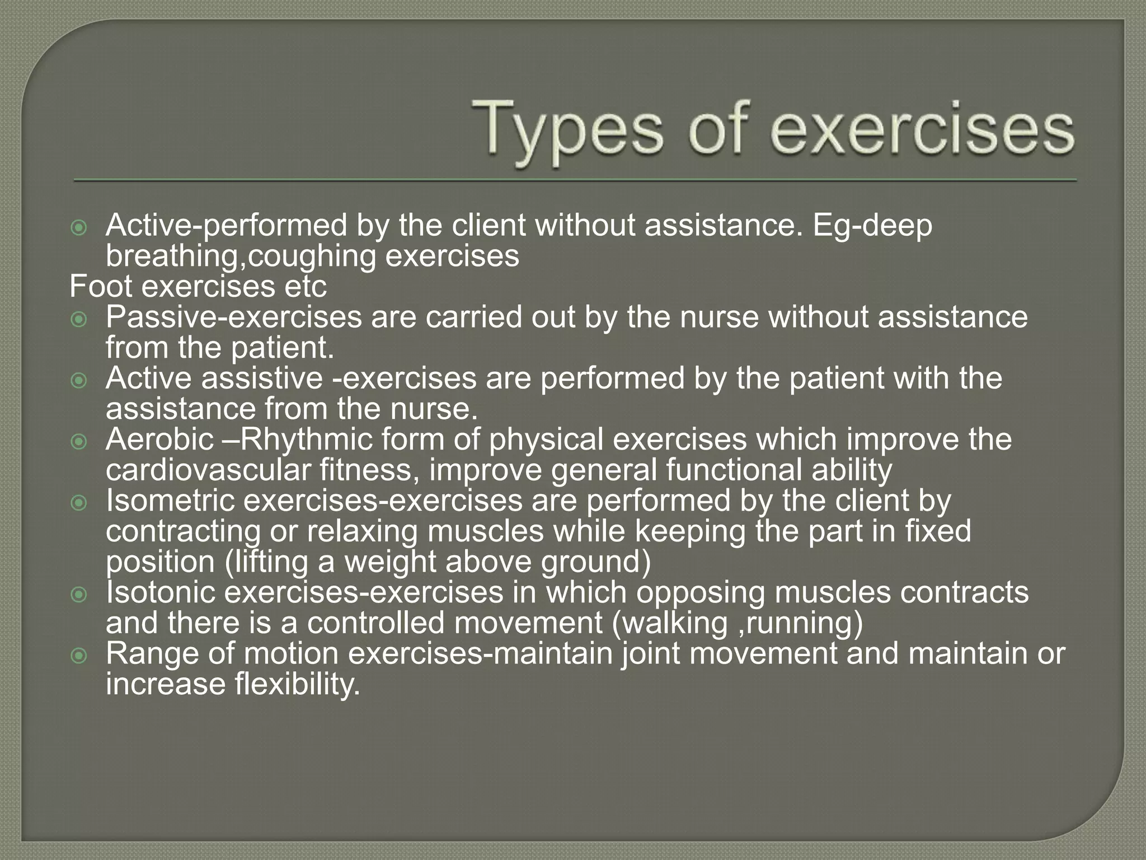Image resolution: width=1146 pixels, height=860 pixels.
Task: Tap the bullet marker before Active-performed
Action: pos(79,228)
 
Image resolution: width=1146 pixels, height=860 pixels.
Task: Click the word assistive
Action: pos(262,378)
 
